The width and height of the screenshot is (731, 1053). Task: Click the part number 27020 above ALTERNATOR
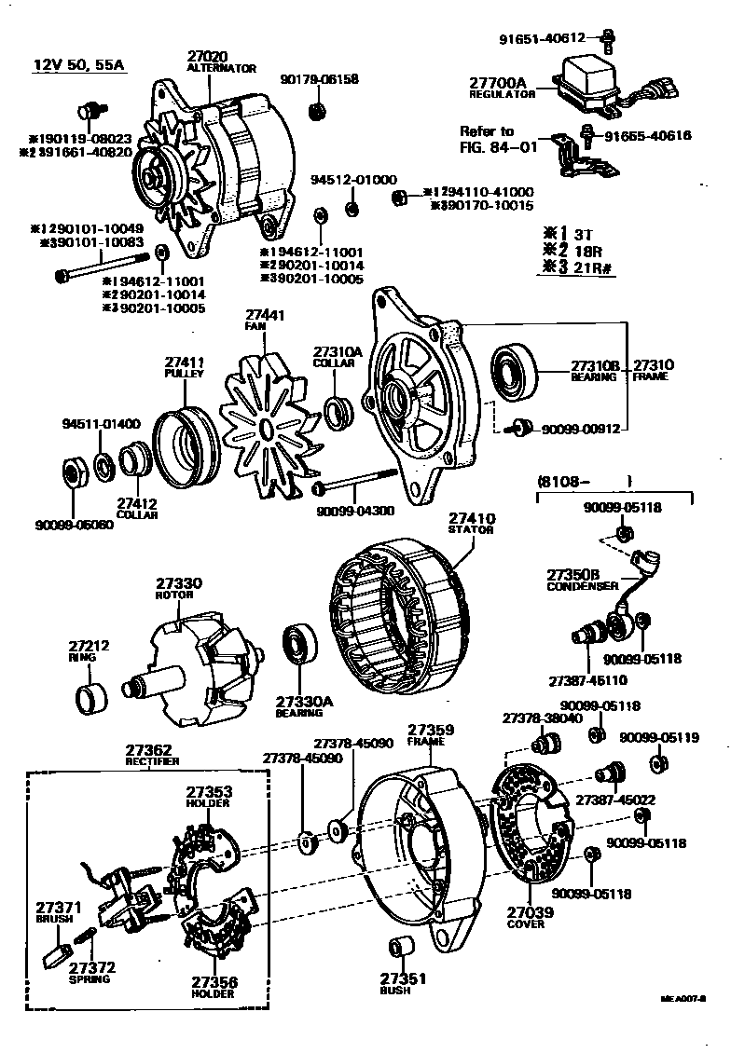pyautogui.click(x=206, y=57)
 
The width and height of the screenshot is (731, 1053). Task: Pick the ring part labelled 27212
pyautogui.click(x=90, y=695)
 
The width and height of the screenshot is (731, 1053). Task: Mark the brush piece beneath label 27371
pyautogui.click(x=57, y=953)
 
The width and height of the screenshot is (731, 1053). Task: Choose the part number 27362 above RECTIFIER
pyautogui.click(x=148, y=748)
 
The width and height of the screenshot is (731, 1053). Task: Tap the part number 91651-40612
pyautogui.click(x=540, y=38)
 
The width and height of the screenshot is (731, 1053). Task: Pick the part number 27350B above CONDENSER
pyautogui.click(x=575, y=575)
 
